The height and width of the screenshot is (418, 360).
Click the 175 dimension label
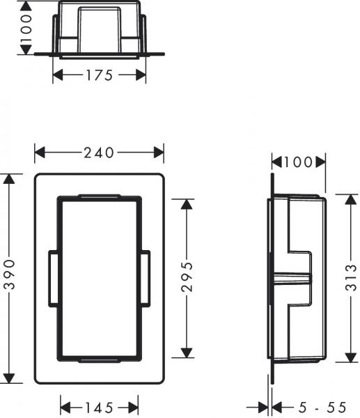pos(100,75)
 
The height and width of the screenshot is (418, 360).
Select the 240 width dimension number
pos(99,153)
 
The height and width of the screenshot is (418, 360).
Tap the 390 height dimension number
pos(9,279)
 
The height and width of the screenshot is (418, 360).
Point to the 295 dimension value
pos(186,278)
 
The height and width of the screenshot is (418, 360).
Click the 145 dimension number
pos(99,406)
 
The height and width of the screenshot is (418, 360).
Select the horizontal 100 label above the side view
pos(298,163)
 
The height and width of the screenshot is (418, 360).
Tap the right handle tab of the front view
pos(145,279)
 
